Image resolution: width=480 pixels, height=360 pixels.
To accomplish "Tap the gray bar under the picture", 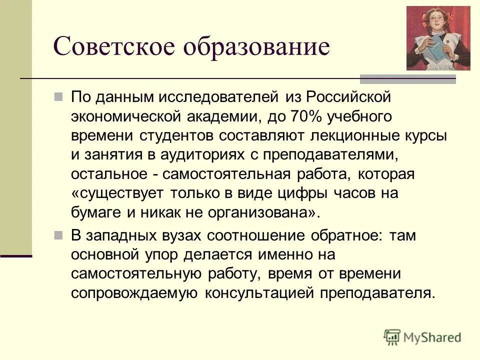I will [408, 78].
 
